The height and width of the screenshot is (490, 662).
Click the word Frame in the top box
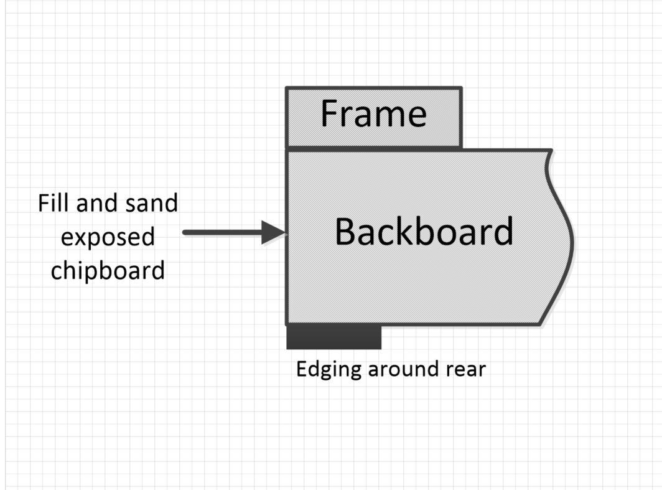point(373,114)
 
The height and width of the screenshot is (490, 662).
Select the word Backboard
point(424,232)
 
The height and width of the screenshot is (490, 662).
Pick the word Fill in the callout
point(52,204)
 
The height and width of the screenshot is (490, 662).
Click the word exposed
point(108,237)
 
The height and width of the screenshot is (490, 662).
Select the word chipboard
point(108,271)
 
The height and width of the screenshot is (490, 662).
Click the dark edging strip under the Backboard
point(333,337)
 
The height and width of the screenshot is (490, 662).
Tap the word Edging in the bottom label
point(329,370)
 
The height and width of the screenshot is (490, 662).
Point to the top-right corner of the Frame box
point(461,88)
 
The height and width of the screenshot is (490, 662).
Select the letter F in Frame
point(330,114)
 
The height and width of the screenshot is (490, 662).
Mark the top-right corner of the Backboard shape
point(551,151)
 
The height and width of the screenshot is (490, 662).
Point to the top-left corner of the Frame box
point(287,88)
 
